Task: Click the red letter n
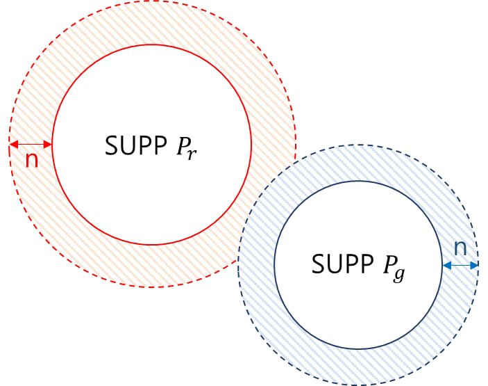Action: (x=31, y=160)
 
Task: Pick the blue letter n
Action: (x=460, y=247)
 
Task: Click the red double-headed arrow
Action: (x=31, y=145)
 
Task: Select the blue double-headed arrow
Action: (x=460, y=265)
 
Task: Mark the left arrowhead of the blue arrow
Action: (x=445, y=265)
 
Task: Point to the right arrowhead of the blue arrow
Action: (x=476, y=265)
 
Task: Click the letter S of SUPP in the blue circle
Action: (x=317, y=264)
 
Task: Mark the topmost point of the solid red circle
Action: (x=152, y=45)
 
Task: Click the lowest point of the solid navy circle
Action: (x=358, y=348)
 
